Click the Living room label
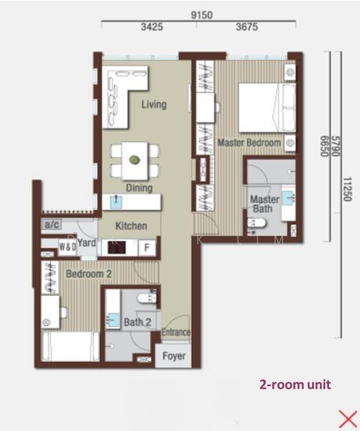[x=154, y=105]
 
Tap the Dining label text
[x=139, y=188]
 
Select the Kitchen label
[x=131, y=226]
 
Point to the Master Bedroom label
[x=249, y=143]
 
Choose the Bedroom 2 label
[x=88, y=274]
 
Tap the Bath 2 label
[x=137, y=323]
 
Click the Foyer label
[x=174, y=356]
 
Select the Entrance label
[x=176, y=333]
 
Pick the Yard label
[x=87, y=244]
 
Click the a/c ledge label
[x=52, y=225]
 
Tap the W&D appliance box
[x=68, y=247]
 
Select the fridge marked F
[x=147, y=248]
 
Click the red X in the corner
[x=347, y=417]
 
